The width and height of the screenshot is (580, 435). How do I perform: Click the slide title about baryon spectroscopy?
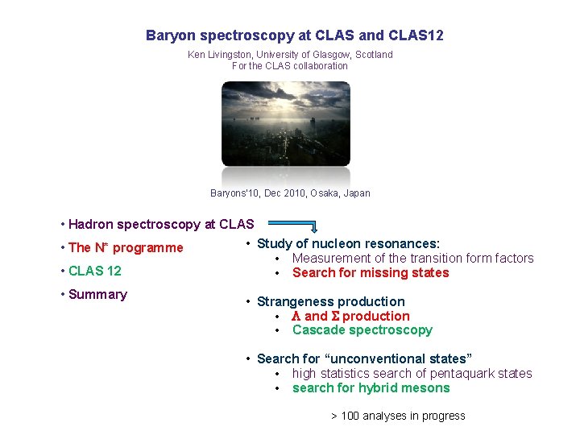point(294,35)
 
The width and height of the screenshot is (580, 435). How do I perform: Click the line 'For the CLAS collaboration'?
point(289,66)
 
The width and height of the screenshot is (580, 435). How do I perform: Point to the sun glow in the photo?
point(275,97)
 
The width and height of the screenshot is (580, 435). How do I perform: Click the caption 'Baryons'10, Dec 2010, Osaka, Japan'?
point(290,193)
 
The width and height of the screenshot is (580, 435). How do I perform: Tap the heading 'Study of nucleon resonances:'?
point(348,243)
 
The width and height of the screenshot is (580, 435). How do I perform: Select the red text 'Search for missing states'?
point(371,272)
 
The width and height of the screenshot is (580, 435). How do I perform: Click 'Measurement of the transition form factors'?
point(412,258)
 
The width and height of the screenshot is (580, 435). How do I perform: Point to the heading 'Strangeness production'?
point(330,301)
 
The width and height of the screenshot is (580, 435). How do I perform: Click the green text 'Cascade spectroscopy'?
point(362,330)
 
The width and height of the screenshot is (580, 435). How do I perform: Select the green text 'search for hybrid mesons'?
point(371,387)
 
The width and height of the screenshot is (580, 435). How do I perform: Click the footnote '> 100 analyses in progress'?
point(398,416)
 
